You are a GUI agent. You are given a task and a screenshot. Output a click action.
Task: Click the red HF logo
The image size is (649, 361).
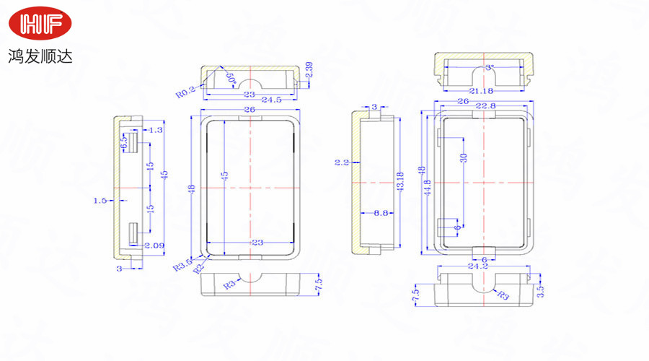point(41,25)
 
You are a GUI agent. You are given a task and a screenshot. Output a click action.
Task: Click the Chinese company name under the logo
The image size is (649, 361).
point(40,55)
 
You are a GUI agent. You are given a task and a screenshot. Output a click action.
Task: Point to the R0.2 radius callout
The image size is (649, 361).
point(186,93)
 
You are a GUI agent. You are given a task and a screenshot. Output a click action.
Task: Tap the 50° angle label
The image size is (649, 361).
point(230,78)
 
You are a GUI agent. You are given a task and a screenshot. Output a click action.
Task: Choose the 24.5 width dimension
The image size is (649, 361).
point(271,100)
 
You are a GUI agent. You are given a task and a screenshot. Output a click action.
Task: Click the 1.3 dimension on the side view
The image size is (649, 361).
point(156,130)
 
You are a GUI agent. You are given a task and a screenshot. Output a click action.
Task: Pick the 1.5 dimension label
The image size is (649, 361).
point(100,200)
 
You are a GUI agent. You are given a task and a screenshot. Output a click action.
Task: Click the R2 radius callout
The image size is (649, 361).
point(197,269)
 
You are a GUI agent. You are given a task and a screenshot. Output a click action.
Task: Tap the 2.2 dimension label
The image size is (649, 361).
point(341,163)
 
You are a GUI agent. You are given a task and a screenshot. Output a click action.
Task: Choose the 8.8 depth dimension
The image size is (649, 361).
point(382,213)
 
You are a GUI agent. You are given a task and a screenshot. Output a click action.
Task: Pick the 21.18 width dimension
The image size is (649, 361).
point(485,90)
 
